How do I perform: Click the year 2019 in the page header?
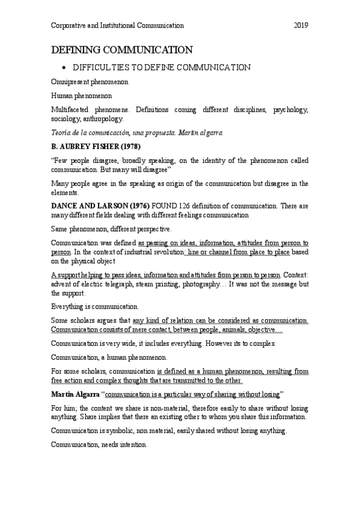301,25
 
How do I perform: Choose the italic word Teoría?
63,132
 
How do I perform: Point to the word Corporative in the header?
69,25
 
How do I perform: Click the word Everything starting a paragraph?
69,306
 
